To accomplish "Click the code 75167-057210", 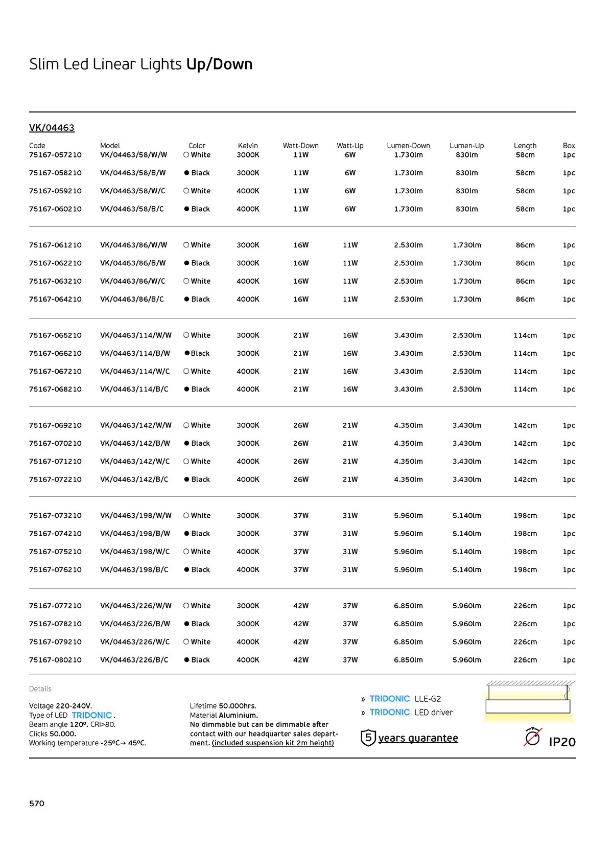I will [x=55, y=155].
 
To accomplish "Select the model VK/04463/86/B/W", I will [x=133, y=263].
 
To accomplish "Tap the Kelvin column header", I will [x=248, y=146].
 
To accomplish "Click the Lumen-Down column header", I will [x=408, y=146].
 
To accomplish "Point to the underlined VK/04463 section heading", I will [x=52, y=128].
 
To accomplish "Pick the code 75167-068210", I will [x=55, y=390].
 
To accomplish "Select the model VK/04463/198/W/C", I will [x=135, y=552].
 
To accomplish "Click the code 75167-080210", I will [x=55, y=660].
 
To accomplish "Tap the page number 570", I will [x=37, y=804].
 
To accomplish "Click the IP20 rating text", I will [x=562, y=742].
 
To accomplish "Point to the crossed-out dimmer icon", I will [x=533, y=737].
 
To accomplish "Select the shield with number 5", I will [x=368, y=738].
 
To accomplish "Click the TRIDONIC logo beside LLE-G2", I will [x=390, y=699].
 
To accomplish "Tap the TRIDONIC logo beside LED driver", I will [x=390, y=712].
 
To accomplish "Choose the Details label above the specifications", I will [x=40, y=689].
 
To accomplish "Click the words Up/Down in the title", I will [x=220, y=64].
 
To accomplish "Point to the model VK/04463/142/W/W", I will [x=136, y=425].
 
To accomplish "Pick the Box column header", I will [x=569, y=146].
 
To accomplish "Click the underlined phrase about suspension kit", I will [x=273, y=743].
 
